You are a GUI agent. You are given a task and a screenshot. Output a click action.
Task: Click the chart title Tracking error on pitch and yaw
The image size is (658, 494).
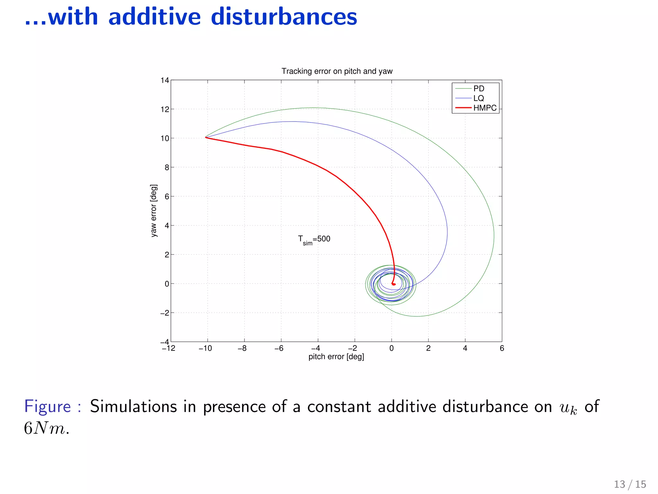337,71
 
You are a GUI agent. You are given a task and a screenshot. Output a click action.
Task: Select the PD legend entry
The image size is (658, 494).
478,88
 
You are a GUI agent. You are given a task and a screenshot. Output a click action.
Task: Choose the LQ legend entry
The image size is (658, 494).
478,98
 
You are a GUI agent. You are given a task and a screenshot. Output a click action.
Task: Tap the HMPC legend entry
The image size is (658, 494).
485,108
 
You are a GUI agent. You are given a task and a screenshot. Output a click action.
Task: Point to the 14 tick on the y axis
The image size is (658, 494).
165,80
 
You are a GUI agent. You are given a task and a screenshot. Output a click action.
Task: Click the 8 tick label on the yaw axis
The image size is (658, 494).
167,167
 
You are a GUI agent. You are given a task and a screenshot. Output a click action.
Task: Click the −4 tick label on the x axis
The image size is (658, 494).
316,348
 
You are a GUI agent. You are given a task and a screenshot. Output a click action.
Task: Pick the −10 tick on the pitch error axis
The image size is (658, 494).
205,348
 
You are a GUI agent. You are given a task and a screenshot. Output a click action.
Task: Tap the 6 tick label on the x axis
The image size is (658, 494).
502,348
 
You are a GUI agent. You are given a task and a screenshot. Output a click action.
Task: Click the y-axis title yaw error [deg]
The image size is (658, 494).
154,211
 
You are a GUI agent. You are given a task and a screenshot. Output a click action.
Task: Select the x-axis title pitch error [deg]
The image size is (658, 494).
336,357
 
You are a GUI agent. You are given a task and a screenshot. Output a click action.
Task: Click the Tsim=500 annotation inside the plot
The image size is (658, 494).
314,240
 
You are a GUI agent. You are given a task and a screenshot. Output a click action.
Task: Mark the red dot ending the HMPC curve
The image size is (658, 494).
394,284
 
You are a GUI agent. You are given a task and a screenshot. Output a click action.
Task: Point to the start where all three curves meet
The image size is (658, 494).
206,137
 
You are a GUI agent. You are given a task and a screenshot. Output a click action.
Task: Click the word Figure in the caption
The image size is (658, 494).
48,406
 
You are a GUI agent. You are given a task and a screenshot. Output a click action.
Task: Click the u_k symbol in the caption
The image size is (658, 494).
568,408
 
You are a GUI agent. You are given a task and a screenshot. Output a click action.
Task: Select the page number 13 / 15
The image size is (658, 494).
630,484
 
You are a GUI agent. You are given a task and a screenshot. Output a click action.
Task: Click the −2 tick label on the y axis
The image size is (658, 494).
164,313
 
